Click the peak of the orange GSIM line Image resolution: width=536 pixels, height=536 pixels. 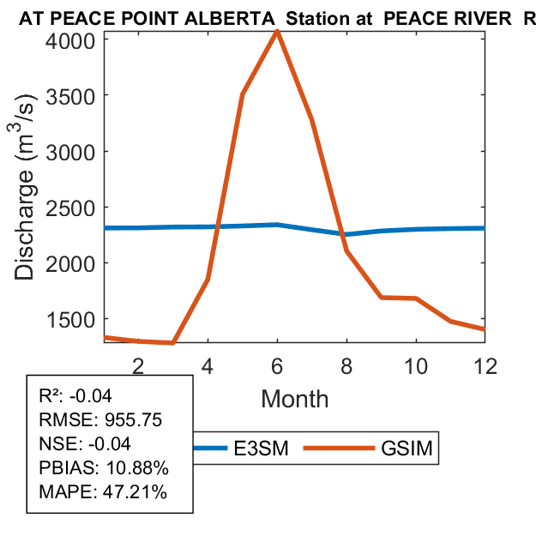(277, 32)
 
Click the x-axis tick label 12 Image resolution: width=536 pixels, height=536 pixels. (485, 364)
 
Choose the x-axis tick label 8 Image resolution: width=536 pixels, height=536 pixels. (346, 364)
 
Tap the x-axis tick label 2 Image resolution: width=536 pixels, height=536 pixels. (138, 364)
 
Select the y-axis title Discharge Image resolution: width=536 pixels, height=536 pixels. (27, 206)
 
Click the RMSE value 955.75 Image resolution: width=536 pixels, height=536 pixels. (129, 420)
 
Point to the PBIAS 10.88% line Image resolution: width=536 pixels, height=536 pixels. (104, 468)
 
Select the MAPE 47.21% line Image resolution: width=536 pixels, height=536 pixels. (103, 492)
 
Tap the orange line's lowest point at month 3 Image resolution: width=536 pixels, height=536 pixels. (173, 343)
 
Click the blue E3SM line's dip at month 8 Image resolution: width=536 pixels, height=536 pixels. (346, 234)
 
